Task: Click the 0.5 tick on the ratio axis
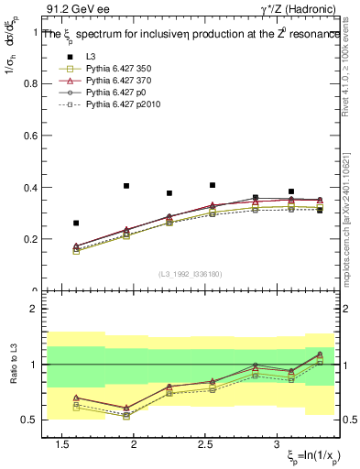(34, 420)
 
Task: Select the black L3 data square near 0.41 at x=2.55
(213, 185)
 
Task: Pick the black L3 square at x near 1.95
(126, 186)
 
